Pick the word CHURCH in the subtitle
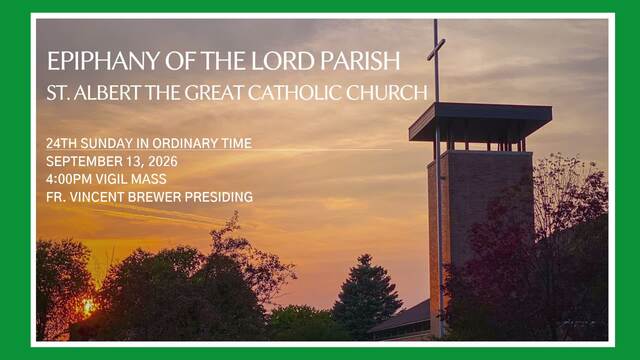(387, 93)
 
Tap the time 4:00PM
(69, 179)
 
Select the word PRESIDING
(219, 197)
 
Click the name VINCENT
(97, 197)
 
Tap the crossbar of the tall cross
(436, 49)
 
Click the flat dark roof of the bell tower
(480, 122)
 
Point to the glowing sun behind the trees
(88, 307)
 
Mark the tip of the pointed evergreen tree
(365, 256)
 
